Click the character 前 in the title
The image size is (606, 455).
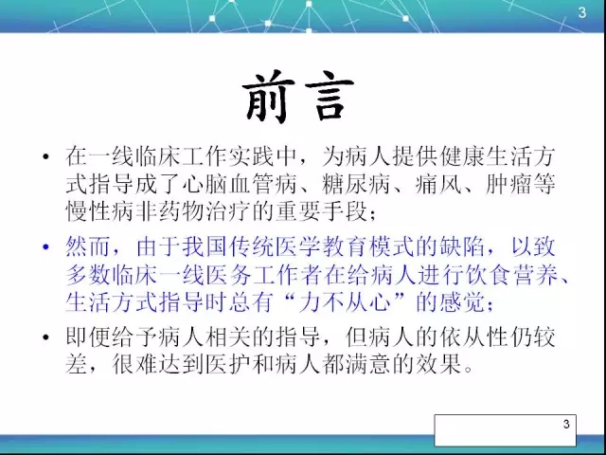pyautogui.click(x=267, y=97)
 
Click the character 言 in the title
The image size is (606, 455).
pyautogui.click(x=330, y=97)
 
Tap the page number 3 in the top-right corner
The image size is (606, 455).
pyautogui.click(x=582, y=12)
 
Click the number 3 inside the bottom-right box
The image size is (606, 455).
pyautogui.click(x=566, y=424)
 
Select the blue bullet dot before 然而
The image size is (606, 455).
pyautogui.click(x=45, y=246)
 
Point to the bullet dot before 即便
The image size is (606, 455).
pyautogui.click(x=45, y=337)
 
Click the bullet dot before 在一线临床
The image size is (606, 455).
pyautogui.click(x=45, y=156)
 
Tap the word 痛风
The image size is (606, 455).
pyautogui.click(x=439, y=184)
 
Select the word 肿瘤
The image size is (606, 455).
pyautogui.click(x=509, y=184)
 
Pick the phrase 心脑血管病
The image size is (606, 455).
pyautogui.click(x=240, y=184)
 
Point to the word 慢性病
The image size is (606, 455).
pyautogui.click(x=100, y=210)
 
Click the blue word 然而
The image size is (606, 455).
pyautogui.click(x=88, y=246)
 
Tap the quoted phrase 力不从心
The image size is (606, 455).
pyautogui.click(x=345, y=301)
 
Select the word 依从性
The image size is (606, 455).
pyautogui.click(x=474, y=337)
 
